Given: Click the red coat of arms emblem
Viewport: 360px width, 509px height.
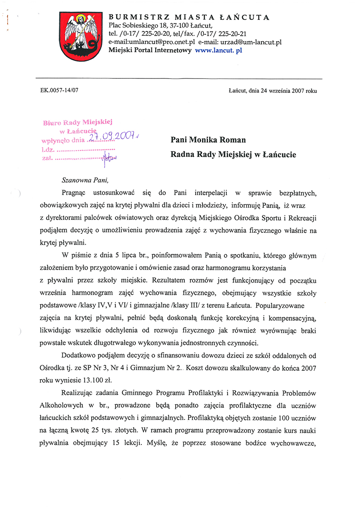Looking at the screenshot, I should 79,36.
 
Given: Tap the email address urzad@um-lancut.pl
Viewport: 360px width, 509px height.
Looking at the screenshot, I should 252,42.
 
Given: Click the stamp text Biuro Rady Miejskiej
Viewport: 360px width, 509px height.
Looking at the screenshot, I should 77,123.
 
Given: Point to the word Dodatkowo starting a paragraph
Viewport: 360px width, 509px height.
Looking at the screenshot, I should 81,355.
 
